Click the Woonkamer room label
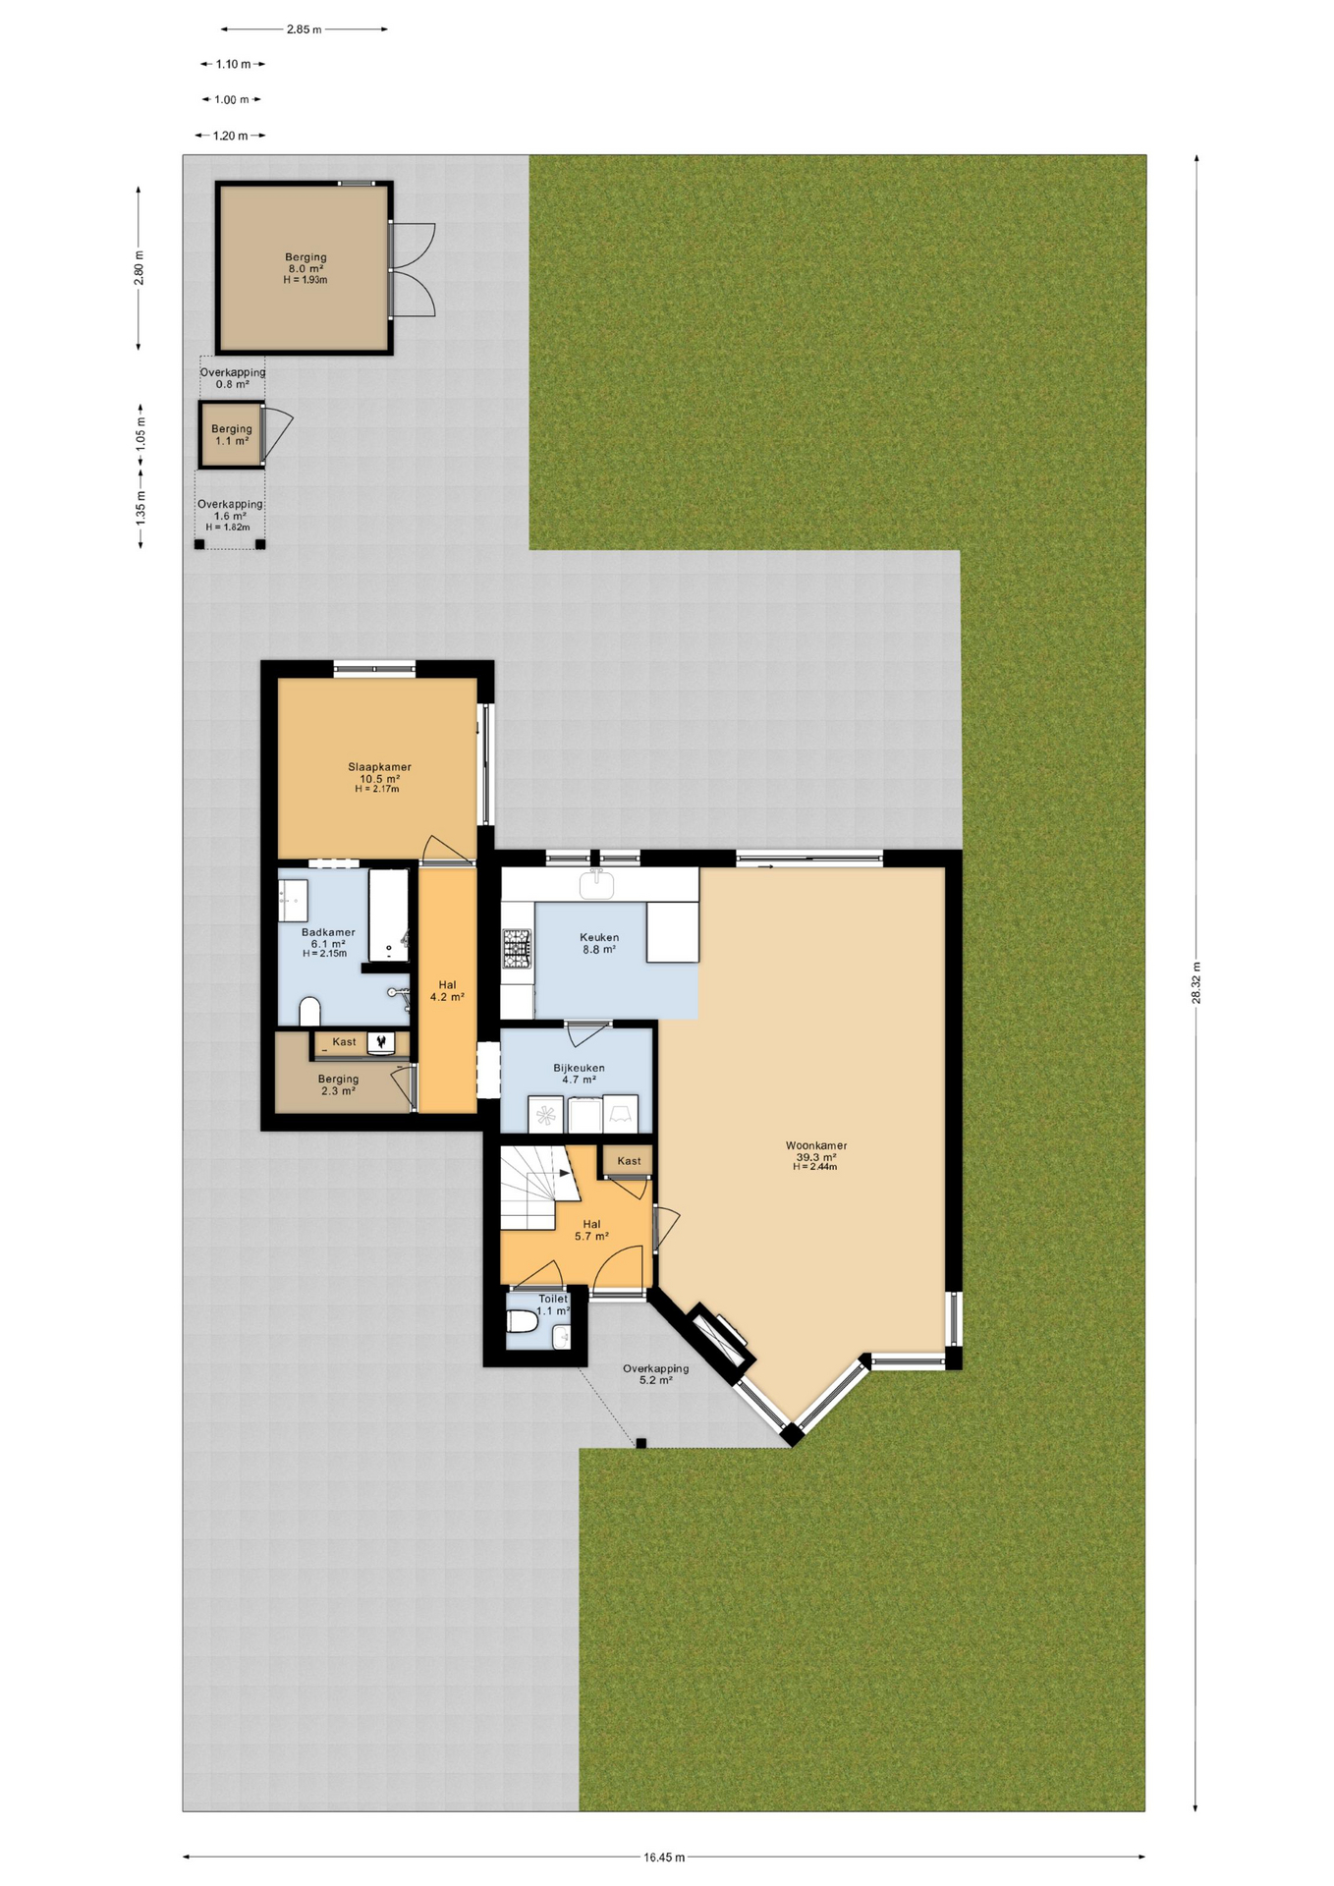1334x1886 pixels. click(x=815, y=1145)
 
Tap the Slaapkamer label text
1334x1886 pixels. click(x=379, y=767)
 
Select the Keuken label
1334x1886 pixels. click(x=599, y=937)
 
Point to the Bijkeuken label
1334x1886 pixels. click(x=579, y=1068)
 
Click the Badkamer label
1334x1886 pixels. click(x=328, y=932)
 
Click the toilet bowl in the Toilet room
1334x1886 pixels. click(x=521, y=1323)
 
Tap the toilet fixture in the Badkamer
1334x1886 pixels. click(x=309, y=1011)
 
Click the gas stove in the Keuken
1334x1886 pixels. click(x=517, y=949)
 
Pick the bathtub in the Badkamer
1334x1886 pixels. click(x=388, y=915)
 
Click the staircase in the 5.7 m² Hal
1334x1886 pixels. click(x=536, y=1187)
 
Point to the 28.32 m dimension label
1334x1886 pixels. click(x=1195, y=982)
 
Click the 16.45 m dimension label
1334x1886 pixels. click(x=664, y=1858)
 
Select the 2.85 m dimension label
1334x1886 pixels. click(x=304, y=29)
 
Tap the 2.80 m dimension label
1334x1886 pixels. click(x=139, y=268)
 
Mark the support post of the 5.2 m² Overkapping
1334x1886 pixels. click(x=640, y=1443)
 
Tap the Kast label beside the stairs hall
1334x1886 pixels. click(x=629, y=1161)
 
